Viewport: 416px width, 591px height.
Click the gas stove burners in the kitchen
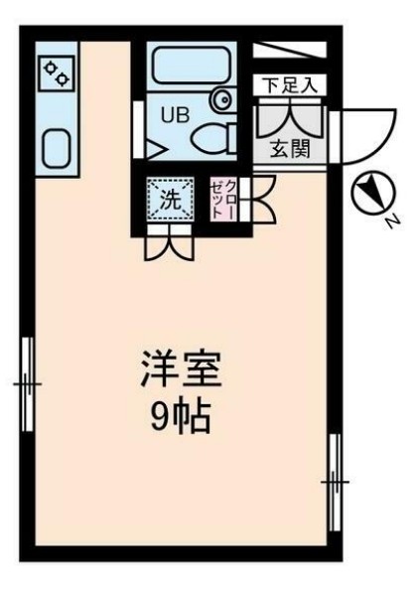coord(55,72)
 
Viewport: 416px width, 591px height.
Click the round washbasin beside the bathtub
coord(222,98)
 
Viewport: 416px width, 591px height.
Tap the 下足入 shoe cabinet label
coord(290,85)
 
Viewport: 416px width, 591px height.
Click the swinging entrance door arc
coord(353,130)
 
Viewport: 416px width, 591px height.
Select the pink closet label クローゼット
coord(224,199)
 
